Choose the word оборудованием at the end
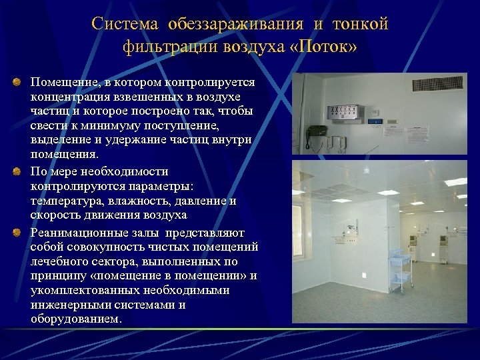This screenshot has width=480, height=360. tap(77, 319)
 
